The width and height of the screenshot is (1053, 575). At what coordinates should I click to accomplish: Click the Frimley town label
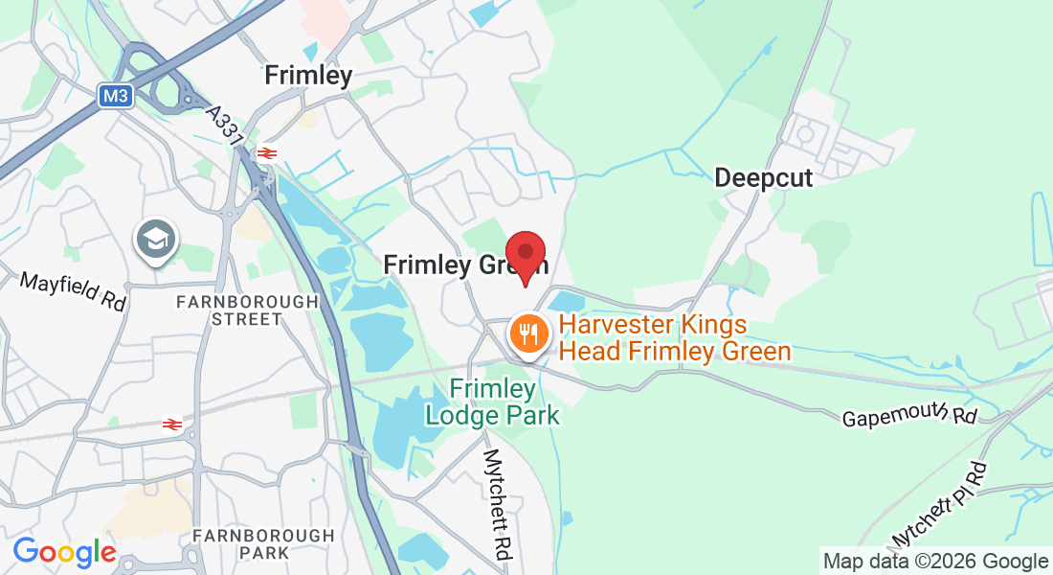click(x=308, y=75)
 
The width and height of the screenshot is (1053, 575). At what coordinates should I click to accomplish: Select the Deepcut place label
click(x=763, y=178)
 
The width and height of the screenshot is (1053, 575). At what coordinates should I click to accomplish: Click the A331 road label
click(x=225, y=126)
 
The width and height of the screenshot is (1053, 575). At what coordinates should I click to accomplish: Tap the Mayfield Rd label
click(x=74, y=291)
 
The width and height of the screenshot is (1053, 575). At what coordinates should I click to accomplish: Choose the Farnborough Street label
click(x=247, y=310)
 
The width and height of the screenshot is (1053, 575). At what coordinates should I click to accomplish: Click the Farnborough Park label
click(x=263, y=544)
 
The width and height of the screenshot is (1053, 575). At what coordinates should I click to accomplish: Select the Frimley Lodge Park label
click(x=492, y=402)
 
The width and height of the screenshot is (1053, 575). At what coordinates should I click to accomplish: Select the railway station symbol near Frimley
click(x=266, y=151)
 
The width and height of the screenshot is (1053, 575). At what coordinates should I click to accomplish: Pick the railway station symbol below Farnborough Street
click(x=172, y=424)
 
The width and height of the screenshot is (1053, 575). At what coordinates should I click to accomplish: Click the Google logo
click(x=64, y=552)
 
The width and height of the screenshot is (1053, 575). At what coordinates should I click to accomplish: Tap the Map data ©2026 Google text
click(x=935, y=562)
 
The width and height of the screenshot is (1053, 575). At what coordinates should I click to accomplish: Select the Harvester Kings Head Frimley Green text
click(x=675, y=338)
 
